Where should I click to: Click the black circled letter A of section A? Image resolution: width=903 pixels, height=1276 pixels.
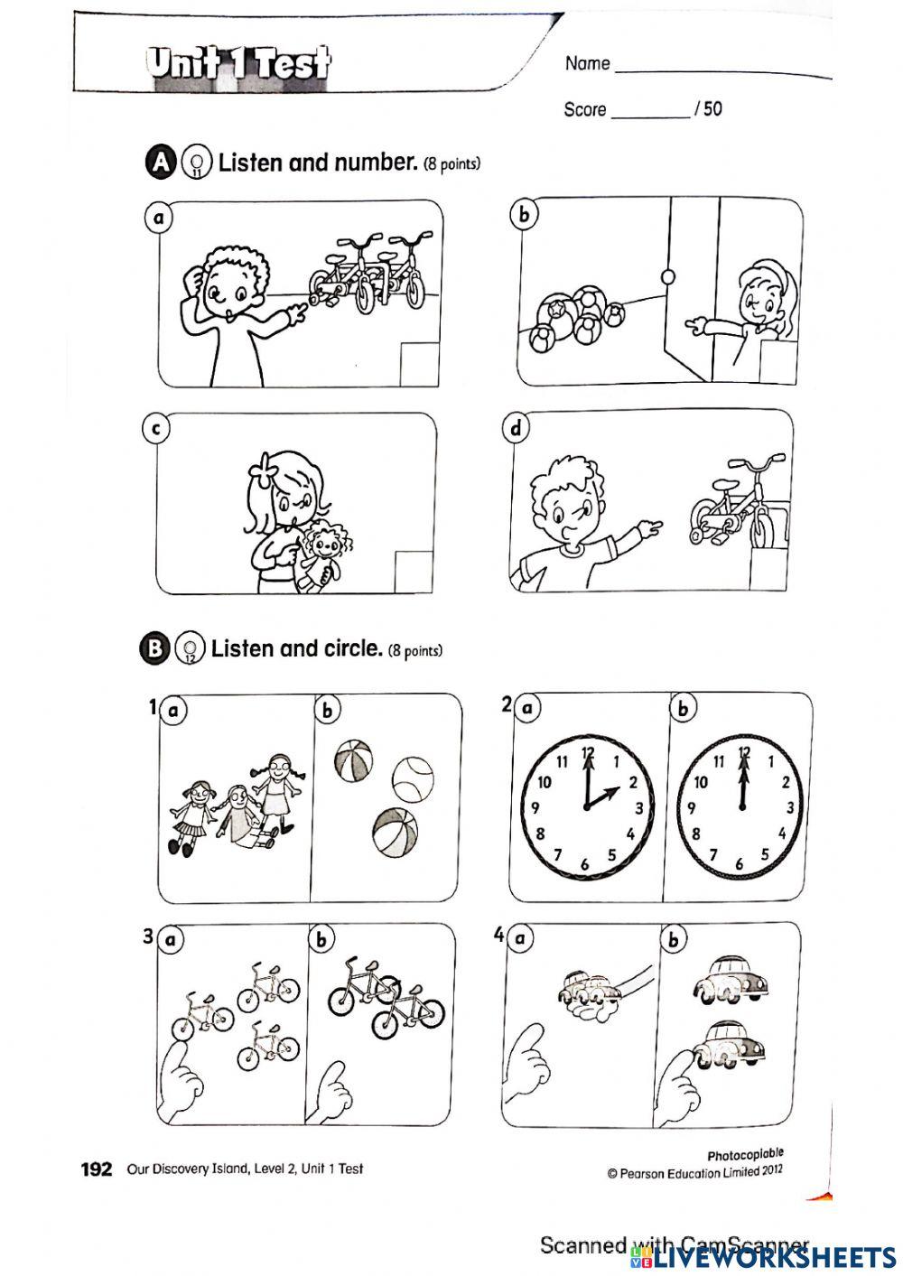160,163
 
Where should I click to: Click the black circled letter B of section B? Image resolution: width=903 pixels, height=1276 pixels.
154,648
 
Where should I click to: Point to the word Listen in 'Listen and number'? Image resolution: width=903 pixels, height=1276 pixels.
251,163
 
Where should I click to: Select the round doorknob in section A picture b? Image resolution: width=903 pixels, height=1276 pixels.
667,276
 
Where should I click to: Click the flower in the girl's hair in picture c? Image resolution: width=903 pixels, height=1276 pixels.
262,469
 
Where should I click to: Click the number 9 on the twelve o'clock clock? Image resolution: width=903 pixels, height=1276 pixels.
690,807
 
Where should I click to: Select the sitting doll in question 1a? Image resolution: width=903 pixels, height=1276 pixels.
242,817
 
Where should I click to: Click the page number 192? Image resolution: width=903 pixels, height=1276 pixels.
97,1170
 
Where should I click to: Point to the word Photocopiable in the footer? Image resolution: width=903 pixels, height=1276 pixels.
745,1154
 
